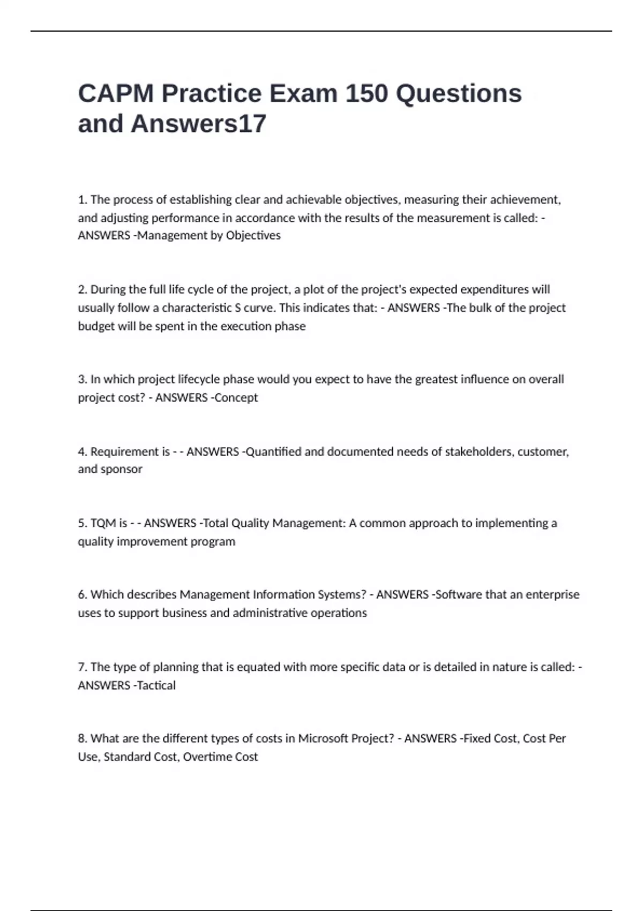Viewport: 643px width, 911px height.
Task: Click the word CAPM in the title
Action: pyautogui.click(x=115, y=93)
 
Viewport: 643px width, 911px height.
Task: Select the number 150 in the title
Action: pyautogui.click(x=366, y=93)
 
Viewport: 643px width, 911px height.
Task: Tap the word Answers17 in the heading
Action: pyautogui.click(x=198, y=124)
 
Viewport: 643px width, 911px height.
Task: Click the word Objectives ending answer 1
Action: pyautogui.click(x=253, y=235)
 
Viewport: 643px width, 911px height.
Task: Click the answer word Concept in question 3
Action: pyautogui.click(x=236, y=398)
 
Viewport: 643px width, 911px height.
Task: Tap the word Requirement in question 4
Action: pyautogui.click(x=130, y=452)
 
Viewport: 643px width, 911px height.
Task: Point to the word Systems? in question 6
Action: pyautogui.click(x=342, y=594)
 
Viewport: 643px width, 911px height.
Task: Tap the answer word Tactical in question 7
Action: pyautogui.click(x=156, y=685)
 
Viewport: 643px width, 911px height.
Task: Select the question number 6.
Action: pyautogui.click(x=82, y=594)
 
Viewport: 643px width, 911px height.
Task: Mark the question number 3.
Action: pyautogui.click(x=82, y=379)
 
